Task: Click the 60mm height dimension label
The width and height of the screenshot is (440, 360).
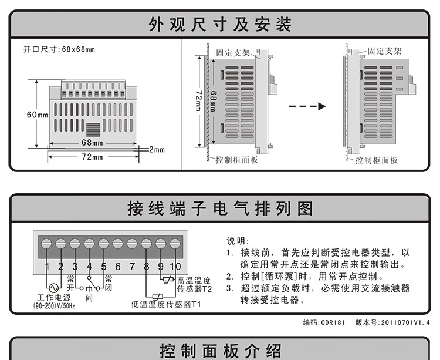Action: [38, 115]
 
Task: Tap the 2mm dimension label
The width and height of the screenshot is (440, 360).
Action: [157, 149]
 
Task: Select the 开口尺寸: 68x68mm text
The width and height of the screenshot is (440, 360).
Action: [59, 49]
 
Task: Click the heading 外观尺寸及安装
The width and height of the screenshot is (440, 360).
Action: [220, 24]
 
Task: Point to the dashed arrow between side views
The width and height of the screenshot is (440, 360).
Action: [307, 106]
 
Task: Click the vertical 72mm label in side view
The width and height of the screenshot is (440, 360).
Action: [199, 100]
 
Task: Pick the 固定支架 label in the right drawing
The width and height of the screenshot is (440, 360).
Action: [384, 51]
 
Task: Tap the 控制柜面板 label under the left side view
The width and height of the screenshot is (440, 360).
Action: [236, 160]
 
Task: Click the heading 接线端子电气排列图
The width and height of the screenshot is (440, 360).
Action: [220, 208]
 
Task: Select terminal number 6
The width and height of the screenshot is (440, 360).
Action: [118, 266]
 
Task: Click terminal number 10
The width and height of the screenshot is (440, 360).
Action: [175, 266]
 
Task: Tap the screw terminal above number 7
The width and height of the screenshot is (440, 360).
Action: [132, 244]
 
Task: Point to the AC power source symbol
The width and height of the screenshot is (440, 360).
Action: [53, 288]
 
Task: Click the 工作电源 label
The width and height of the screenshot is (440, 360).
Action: [54, 297]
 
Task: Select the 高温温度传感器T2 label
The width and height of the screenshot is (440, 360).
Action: [194, 285]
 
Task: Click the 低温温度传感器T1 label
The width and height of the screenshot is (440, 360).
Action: [166, 304]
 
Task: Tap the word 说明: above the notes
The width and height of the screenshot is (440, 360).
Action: [238, 241]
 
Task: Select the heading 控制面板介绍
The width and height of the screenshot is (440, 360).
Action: [220, 351]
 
